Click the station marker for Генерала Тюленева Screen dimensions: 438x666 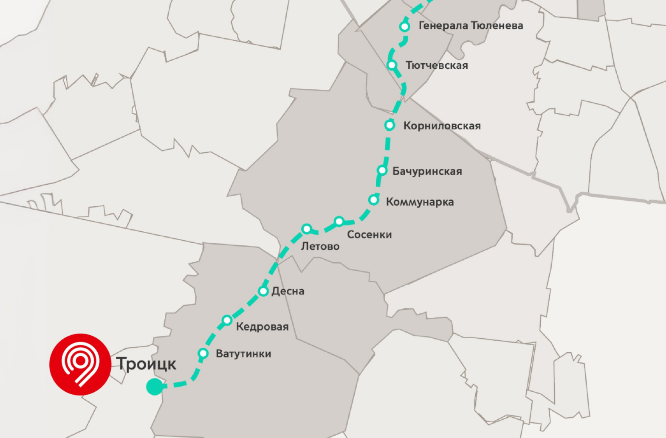coord(405,27)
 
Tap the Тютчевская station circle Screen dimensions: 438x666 coord(392,65)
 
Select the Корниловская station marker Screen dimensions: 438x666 coord(389,125)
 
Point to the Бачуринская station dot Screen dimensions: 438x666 coord(382,171)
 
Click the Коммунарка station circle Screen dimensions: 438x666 coord(374,200)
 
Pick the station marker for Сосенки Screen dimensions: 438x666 coord(339,221)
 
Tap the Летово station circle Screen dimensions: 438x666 coord(307,229)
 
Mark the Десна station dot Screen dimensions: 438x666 coord(263,291)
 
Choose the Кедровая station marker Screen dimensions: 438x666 coord(227,320)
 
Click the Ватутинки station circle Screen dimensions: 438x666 coord(203,353)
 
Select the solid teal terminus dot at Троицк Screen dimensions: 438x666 coord(154,387)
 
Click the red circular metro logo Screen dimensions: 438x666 coord(80,364)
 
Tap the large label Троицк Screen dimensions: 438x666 coord(146,364)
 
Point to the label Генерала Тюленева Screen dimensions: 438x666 coord(471,26)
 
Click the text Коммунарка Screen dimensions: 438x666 coord(420,202)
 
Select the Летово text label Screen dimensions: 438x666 coord(320,246)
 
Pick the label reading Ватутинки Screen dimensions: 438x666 coord(243,354)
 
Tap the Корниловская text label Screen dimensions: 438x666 coord(442,126)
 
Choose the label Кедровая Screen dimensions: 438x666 coord(262,327)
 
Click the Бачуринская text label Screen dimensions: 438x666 coord(427,171)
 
